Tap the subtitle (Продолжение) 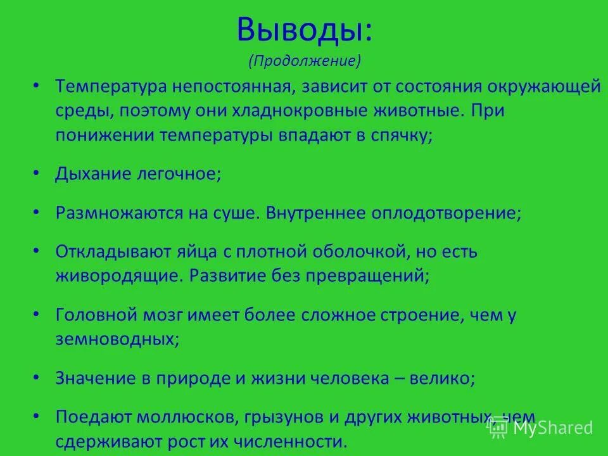click(305, 61)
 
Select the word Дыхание click(93, 174)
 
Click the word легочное click(179, 174)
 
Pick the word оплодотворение click(443, 213)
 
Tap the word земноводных click(114, 339)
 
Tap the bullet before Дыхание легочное click(36, 174)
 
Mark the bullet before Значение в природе click(36, 378)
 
